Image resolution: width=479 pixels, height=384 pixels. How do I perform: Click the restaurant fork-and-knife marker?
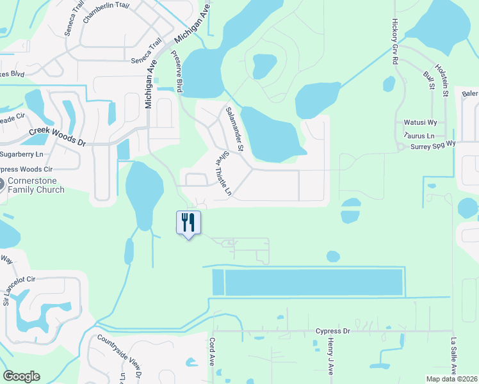pyautogui.click(x=188, y=223)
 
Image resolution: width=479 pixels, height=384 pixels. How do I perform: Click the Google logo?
pyautogui.click(x=21, y=376)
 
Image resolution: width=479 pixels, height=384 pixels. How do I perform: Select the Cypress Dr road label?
pyautogui.click(x=333, y=331)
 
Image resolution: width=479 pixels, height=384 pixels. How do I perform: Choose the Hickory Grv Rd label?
pyautogui.click(x=394, y=41)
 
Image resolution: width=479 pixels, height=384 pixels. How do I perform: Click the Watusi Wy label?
pyautogui.click(x=420, y=122)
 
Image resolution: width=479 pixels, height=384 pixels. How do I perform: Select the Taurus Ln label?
pyautogui.click(x=419, y=136)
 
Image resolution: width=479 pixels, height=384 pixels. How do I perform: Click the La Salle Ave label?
pyautogui.click(x=453, y=356)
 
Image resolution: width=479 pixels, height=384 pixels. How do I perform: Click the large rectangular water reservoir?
pyautogui.click(x=314, y=282)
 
